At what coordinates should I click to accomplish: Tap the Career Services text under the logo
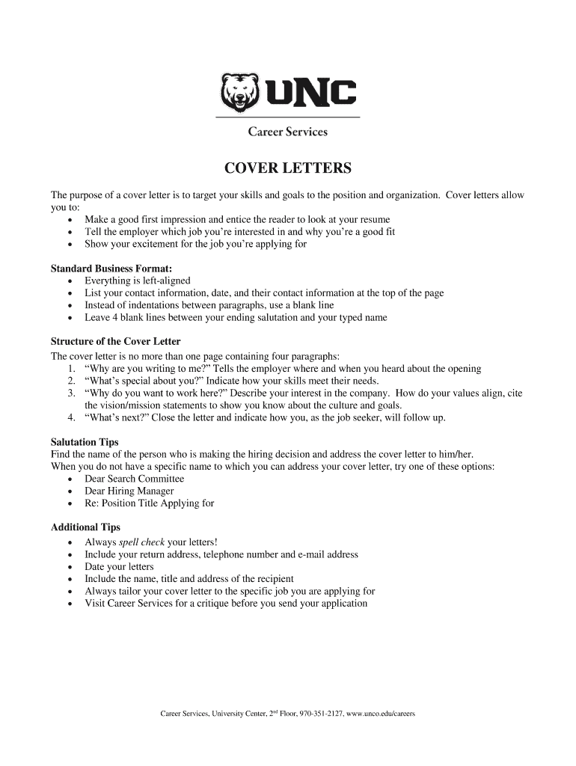pyautogui.click(x=288, y=132)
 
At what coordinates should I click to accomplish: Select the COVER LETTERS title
pyautogui.click(x=288, y=168)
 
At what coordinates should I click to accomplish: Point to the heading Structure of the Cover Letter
pyautogui.click(x=115, y=342)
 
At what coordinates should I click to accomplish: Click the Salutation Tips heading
pyautogui.click(x=85, y=442)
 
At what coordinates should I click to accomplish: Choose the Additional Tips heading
pyautogui.click(x=85, y=527)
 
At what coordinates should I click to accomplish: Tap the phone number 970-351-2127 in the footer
pyautogui.click(x=322, y=714)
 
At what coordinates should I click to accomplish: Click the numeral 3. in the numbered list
pyautogui.click(x=71, y=393)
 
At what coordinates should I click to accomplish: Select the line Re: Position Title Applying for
pyautogui.click(x=150, y=503)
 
